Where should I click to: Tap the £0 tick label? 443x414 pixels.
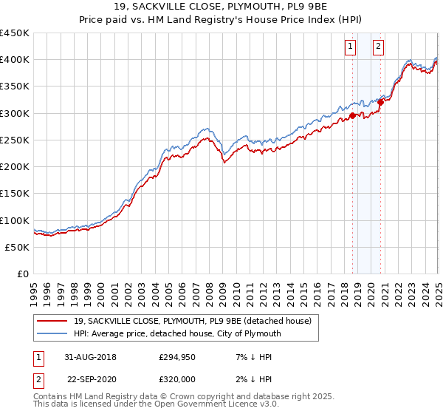(x=22, y=274)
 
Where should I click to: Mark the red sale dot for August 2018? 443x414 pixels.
(x=353, y=115)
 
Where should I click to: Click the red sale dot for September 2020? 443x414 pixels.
(x=381, y=102)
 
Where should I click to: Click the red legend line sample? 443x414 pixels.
(x=52, y=321)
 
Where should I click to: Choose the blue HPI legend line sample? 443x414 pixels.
(x=52, y=333)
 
